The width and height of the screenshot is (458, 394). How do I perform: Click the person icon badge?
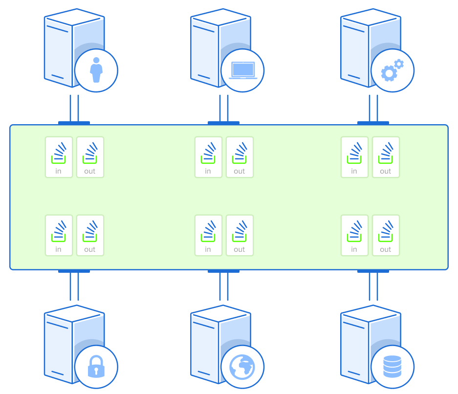pos(96,70)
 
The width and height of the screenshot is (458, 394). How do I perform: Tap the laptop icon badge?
pos(242,70)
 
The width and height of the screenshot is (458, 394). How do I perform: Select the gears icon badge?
pos(393,70)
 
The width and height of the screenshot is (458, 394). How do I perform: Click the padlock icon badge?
pos(96,367)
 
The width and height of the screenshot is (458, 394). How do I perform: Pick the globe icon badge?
pos(242,367)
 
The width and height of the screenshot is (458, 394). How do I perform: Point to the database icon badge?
pos(393,367)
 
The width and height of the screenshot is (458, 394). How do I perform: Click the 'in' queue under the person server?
pos(59,157)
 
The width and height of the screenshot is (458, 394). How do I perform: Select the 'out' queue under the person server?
pos(90,157)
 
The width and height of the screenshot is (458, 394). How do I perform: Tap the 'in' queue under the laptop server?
pos(208,157)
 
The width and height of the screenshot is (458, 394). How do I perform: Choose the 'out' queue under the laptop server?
pos(240,157)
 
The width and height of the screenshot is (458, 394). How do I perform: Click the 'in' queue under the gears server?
pos(354,157)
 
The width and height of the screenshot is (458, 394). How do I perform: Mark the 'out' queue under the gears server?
pos(386,157)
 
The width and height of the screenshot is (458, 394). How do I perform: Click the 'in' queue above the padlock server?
pos(59,235)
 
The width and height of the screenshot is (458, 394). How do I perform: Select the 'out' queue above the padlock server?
pos(90,235)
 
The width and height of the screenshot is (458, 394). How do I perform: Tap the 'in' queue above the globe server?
pos(208,235)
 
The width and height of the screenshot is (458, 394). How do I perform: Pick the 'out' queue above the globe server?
pos(240,235)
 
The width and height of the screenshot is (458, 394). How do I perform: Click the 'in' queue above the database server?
pos(354,235)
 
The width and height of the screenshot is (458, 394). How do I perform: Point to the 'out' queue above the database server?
pos(386,235)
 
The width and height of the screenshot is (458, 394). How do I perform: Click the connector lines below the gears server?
pos(373,109)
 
